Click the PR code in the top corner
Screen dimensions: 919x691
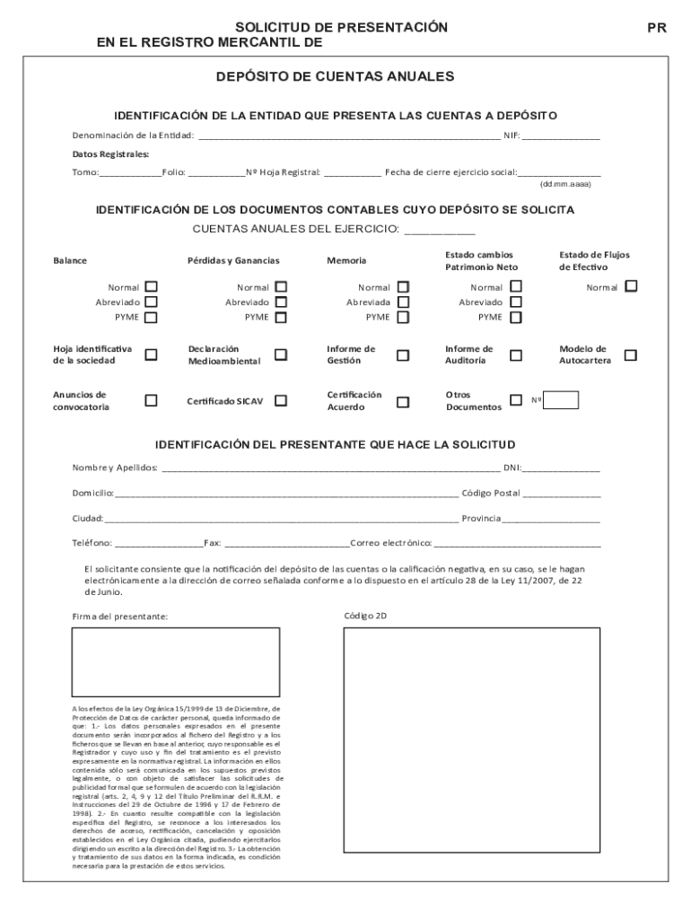[657, 28]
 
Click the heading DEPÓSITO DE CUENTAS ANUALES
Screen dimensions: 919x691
[335, 77]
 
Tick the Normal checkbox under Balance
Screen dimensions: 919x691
[151, 287]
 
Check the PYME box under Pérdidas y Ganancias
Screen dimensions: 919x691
[281, 317]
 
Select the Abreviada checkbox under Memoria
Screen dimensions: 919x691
[403, 302]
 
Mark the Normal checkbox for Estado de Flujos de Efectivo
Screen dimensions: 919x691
[631, 286]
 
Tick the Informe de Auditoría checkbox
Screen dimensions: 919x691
[515, 355]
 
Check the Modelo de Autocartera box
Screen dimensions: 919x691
[630, 355]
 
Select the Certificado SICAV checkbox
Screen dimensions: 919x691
[281, 401]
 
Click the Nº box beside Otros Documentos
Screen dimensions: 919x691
[562, 400]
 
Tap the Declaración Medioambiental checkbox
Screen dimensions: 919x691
[281, 355]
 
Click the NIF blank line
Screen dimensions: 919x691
[561, 136]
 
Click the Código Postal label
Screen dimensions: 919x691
[490, 493]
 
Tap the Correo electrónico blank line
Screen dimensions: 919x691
[518, 544]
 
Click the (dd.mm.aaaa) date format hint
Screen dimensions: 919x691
[564, 184]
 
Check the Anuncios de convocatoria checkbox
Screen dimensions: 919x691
[151, 401]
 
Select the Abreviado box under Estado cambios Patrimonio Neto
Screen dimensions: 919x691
[515, 302]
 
